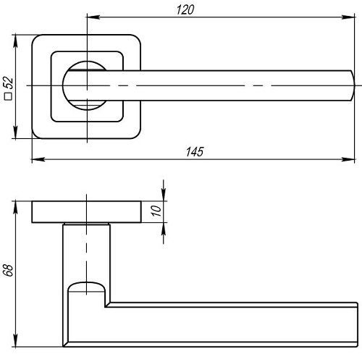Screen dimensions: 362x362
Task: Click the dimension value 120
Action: pyautogui.click(x=185, y=10)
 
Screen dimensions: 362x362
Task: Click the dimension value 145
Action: pyautogui.click(x=195, y=152)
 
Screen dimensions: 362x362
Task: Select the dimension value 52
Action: pyautogui.click(x=9, y=83)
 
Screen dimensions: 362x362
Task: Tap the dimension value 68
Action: pyautogui.click(x=8, y=270)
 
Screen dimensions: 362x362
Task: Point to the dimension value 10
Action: pyautogui.click(x=156, y=211)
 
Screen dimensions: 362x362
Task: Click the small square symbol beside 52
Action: pyautogui.click(x=9, y=96)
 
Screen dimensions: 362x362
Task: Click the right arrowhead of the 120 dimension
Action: pyautogui.click(x=348, y=17)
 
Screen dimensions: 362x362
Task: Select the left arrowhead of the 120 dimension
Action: pyautogui.click(x=93, y=17)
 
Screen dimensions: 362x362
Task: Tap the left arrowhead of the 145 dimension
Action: pyautogui.click(x=38, y=159)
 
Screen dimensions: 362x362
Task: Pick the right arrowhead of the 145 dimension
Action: pyautogui.click(x=348, y=159)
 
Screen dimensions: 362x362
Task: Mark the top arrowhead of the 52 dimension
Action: pyautogui.click(x=16, y=41)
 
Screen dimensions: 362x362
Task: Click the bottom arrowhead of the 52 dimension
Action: pyautogui.click(x=16, y=132)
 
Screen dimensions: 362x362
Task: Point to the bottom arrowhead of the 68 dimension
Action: pyautogui.click(x=16, y=340)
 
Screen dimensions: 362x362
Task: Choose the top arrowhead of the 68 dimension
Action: pyautogui.click(x=16, y=207)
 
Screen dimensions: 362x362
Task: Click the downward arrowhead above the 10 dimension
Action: pyautogui.click(x=164, y=194)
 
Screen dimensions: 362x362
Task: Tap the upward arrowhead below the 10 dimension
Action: pyautogui.click(x=164, y=230)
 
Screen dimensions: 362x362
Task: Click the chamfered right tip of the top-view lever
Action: pyautogui.click(x=353, y=85)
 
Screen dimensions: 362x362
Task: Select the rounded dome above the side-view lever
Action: pyautogui.click(x=86, y=287)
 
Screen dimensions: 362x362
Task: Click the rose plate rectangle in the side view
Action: pyautogui.click(x=87, y=211)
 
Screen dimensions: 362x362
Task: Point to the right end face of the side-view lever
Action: pyautogui.click(x=357, y=324)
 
